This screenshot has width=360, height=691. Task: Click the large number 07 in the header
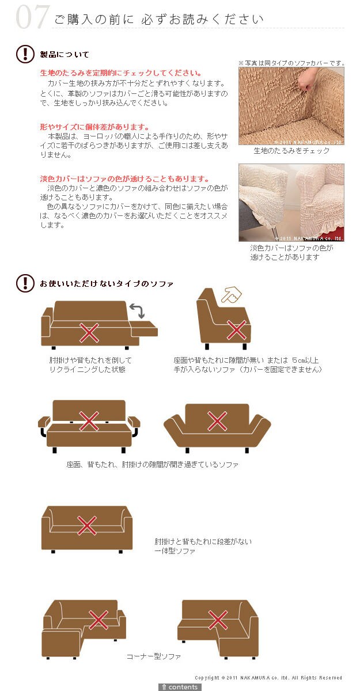pos(32,17)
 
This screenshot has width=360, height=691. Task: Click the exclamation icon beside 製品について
pos(25,54)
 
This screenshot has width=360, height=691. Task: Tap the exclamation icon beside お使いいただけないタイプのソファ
pos(25,283)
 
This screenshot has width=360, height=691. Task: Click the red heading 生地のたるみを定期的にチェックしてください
pos(120,73)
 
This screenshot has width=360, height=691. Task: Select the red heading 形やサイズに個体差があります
pos(94,127)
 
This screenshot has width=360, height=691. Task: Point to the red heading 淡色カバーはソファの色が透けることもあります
pos(124,179)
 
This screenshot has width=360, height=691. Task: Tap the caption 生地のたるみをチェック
pos(291,151)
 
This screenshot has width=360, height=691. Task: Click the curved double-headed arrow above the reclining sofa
pos(137,310)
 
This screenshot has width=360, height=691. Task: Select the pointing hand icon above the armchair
pos(232,295)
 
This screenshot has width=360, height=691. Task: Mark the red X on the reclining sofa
pos(89,333)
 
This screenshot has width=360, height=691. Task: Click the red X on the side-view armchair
pos(237,330)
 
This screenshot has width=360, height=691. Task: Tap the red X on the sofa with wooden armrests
pos(89,421)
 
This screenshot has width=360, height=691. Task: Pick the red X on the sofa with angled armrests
pos(217,421)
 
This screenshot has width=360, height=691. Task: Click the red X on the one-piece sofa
pos(87,525)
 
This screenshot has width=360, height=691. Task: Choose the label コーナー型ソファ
pos(154,656)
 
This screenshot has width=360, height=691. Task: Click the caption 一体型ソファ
pos(175,550)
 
